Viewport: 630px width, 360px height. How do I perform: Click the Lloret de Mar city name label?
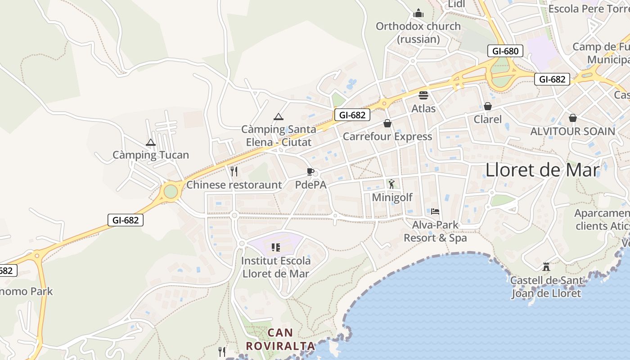pos(542,170)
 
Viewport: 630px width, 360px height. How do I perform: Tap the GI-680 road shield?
pos(505,51)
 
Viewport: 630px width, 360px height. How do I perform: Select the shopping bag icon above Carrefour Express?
pos(387,123)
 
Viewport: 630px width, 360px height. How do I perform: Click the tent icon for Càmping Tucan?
pos(151,143)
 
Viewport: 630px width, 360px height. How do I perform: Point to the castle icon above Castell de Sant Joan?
pos(546,267)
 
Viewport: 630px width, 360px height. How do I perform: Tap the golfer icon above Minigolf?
pos(391,184)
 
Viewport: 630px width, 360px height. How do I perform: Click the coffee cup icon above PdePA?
pos(310,171)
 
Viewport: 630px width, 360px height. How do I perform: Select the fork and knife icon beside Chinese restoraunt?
pos(234,171)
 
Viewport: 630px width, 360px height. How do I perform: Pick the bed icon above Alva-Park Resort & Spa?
pos(435,211)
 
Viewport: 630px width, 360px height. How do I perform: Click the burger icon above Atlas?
pos(423,95)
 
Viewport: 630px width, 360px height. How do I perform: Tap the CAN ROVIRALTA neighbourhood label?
pos(280,339)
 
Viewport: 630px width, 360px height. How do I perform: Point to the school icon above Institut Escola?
pos(276,247)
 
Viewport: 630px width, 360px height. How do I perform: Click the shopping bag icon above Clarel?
pos(487,106)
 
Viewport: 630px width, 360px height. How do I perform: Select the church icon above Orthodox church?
pos(418,13)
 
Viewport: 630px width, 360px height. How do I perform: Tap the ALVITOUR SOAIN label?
pos(572,131)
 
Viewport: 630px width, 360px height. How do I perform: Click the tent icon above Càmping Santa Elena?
pos(279,117)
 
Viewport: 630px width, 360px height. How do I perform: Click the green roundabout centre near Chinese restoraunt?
pos(171,191)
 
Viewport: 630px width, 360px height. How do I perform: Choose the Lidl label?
pos(456,4)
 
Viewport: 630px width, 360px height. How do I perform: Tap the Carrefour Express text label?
pos(387,136)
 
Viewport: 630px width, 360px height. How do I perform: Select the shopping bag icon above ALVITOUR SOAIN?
pos(572,118)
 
